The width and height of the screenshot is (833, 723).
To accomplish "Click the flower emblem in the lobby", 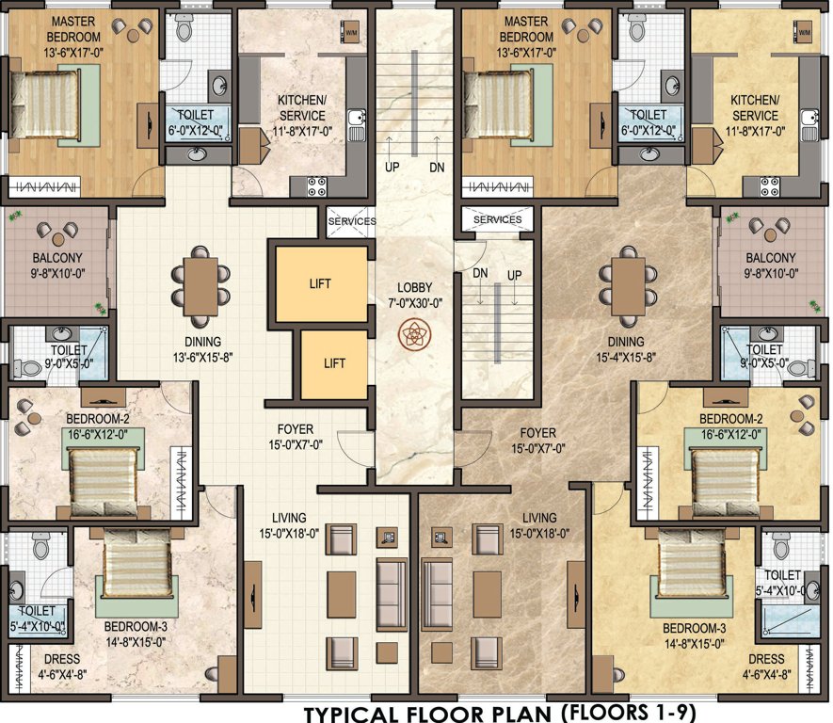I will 413,334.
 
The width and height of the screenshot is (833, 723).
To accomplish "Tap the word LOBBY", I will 413,287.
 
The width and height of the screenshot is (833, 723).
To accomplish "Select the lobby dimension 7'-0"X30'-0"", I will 413,304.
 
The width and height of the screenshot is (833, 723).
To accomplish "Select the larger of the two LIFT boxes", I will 320,282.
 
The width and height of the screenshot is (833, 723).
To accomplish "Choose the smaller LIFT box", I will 333,363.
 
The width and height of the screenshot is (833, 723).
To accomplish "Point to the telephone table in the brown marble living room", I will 439,538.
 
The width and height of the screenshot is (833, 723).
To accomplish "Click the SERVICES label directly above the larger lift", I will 351,221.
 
